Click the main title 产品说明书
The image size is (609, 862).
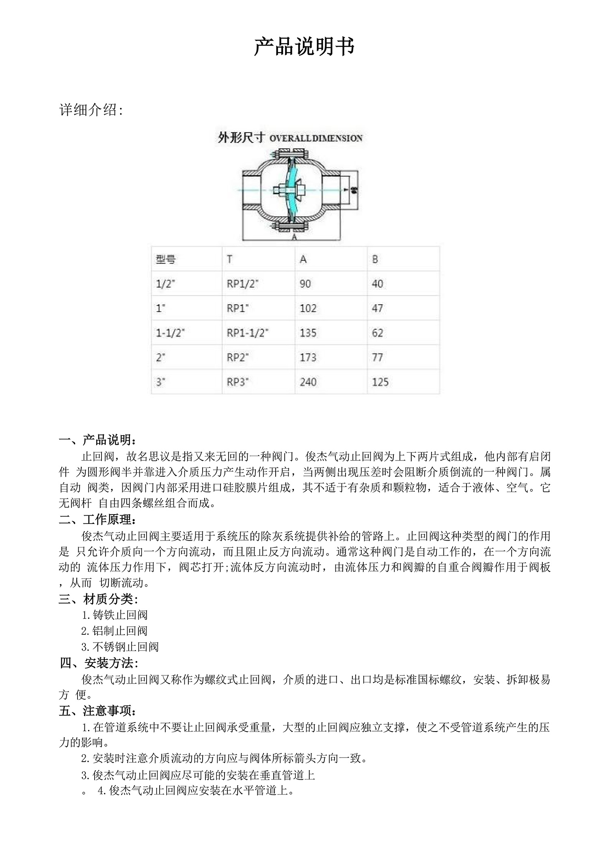304,47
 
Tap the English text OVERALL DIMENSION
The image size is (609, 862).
316,138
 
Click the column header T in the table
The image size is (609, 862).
230,259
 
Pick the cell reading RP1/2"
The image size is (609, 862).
242,284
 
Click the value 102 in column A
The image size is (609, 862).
308,308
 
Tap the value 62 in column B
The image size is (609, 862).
377,333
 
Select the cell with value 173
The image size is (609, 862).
308,357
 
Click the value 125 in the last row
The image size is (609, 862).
380,382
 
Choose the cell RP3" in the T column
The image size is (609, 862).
238,382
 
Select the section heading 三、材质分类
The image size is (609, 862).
98,599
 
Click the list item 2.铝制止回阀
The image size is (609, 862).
114,631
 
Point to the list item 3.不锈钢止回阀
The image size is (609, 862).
120,647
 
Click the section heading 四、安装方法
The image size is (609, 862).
99,663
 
